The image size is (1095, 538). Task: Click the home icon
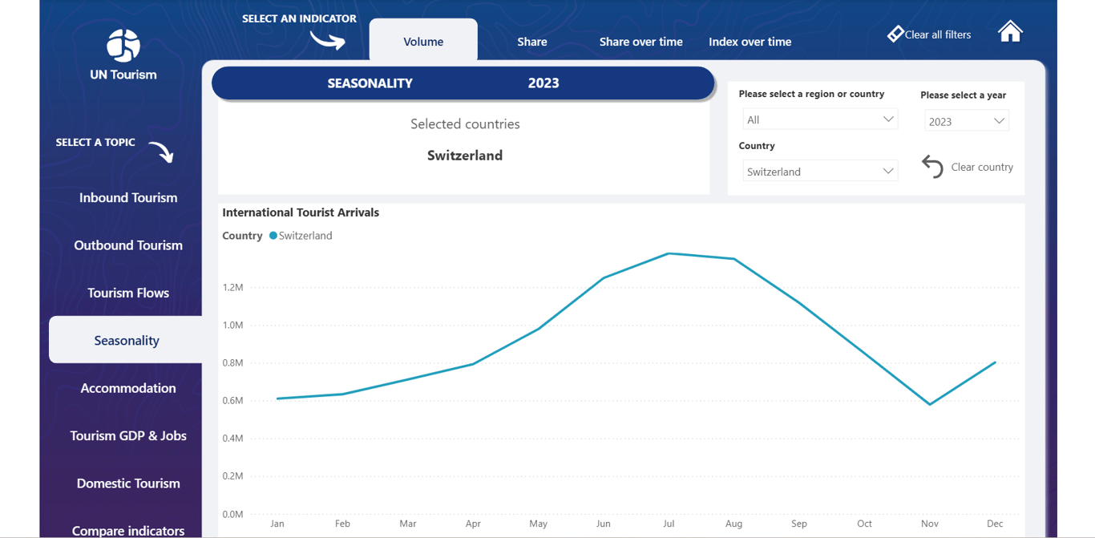coord(1010,31)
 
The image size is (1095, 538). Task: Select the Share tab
coord(532,42)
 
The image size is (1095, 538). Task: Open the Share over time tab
coord(640,42)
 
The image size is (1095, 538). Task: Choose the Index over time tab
coord(750,42)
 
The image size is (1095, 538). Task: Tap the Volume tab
coord(423,42)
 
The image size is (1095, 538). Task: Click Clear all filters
coord(929,34)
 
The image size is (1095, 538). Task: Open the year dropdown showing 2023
coord(966,121)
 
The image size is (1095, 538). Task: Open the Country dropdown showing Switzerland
coord(819,172)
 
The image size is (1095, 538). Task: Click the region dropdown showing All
coord(819,119)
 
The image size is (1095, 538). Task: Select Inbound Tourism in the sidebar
coord(128,198)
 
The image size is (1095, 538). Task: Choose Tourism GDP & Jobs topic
coord(128,435)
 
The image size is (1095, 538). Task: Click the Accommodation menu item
coord(128,388)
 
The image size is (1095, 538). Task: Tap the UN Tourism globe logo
coord(123,46)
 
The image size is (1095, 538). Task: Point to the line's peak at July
coord(669,254)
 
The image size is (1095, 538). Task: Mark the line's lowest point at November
coord(930,404)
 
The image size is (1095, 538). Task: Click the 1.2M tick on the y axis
coord(233,287)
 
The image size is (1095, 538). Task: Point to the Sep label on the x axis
coord(799,524)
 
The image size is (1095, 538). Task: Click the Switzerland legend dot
coord(273,236)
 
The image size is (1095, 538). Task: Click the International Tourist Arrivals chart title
coord(301,212)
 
